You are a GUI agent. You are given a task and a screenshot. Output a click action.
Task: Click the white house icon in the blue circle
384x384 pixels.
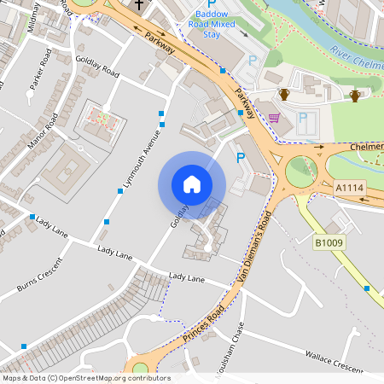[192, 184]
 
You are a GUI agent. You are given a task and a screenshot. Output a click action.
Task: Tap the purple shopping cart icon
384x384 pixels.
[274, 118]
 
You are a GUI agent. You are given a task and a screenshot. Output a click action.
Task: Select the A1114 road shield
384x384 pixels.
[349, 188]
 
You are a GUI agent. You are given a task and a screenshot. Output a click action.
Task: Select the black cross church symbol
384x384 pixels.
[138, 5]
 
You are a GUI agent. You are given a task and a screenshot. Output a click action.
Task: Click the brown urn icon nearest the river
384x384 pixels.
[354, 95]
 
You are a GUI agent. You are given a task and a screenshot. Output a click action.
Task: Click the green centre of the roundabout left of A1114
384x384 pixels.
[300, 170]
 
